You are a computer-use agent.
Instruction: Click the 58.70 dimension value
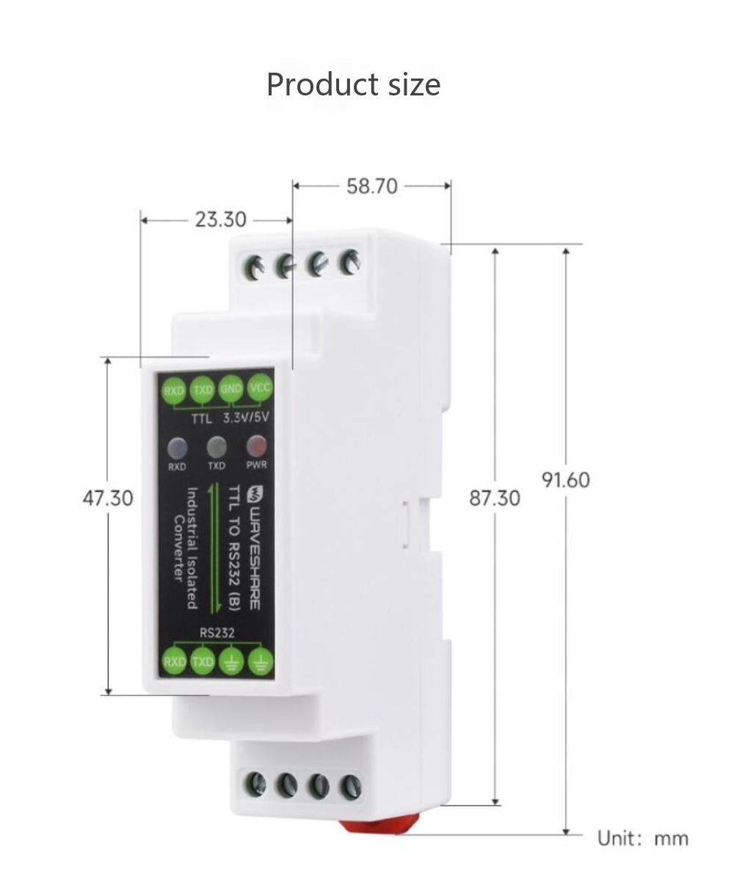371,186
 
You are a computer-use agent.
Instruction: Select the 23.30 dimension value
220,219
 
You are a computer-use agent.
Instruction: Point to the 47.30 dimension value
107,498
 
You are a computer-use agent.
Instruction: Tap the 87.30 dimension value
494,498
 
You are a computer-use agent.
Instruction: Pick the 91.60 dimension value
565,480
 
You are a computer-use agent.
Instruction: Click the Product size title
353,84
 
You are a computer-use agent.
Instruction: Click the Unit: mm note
643,838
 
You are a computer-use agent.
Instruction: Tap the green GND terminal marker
230,389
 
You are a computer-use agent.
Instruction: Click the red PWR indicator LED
256,446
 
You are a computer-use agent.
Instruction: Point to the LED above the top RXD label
177,448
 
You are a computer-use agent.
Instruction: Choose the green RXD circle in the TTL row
174,390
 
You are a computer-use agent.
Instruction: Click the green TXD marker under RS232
203,661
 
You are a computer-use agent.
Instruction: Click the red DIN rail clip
378,824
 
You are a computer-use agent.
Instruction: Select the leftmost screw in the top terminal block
255,268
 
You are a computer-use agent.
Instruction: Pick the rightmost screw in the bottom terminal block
350,788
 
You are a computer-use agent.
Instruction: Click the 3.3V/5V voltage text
247,418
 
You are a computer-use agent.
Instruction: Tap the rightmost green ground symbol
261,662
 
